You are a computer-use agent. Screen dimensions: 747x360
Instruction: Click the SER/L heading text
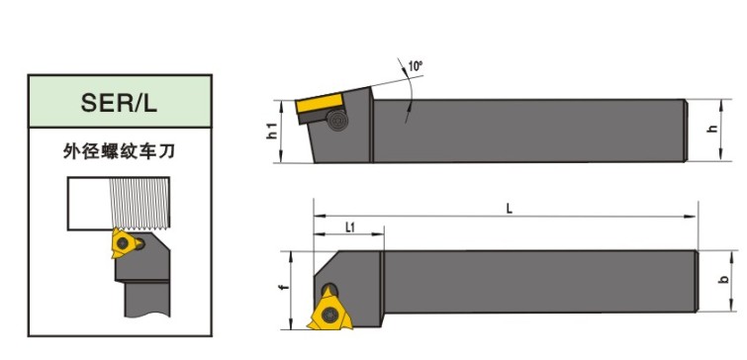tap(119, 102)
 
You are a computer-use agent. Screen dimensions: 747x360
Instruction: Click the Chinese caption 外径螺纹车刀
tap(119, 151)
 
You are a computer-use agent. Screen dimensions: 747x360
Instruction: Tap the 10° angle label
tap(415, 65)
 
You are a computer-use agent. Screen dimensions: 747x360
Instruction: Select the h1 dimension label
tap(272, 131)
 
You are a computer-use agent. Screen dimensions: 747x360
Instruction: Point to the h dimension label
tap(713, 129)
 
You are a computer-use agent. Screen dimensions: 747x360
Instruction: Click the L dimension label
tap(510, 209)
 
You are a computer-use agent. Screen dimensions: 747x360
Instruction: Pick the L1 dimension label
tap(349, 227)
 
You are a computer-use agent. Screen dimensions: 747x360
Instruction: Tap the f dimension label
tap(284, 289)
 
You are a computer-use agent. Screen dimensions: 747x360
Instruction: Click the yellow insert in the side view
tap(320, 103)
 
